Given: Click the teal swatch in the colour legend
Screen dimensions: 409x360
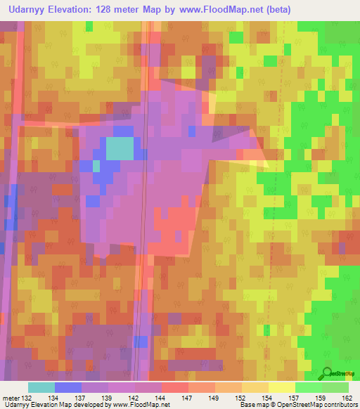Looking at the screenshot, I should (41, 387).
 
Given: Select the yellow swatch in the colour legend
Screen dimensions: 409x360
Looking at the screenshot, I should (282, 387).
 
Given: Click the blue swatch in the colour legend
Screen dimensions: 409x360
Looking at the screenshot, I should (68, 387).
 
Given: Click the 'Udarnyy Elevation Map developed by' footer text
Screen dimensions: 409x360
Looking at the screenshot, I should (51, 405).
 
